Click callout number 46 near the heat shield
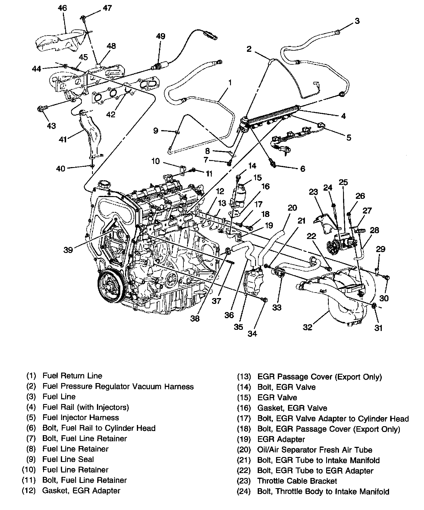62,8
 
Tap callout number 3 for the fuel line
357,21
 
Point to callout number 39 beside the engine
68,250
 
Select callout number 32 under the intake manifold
308,327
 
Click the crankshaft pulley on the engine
112,287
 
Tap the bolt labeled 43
42,109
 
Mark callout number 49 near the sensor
160,36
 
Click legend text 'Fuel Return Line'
72,376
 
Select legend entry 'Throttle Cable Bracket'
297,481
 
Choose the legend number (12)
29,490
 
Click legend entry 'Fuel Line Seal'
68,459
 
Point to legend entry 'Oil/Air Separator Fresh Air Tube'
315,450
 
